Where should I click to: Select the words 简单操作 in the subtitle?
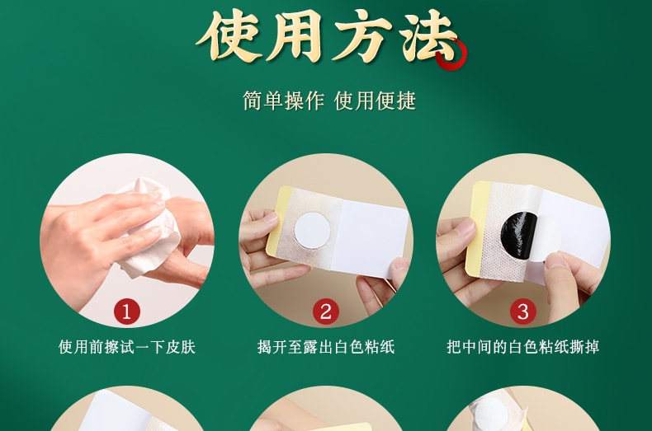click(284, 101)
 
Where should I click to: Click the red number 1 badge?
click(126, 311)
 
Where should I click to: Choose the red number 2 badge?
click(325, 311)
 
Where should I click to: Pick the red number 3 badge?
click(523, 311)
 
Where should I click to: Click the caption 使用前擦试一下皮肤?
click(126, 347)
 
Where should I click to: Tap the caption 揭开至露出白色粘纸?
click(325, 347)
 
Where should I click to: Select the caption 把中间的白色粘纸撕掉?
click(523, 347)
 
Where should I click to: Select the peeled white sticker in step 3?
click(546, 239)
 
